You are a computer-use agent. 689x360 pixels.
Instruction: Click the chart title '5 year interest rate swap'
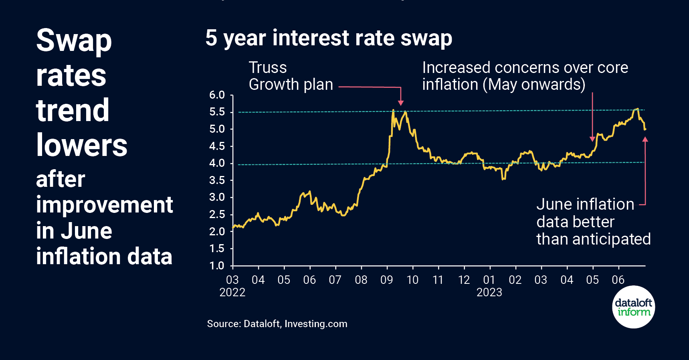pos(329,38)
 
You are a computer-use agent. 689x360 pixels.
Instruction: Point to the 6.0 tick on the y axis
pos(217,95)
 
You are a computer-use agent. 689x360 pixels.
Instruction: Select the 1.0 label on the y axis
pos(217,265)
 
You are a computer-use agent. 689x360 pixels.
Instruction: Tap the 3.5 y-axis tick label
pos(217,180)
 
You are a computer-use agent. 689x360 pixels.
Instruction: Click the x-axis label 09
pos(386,280)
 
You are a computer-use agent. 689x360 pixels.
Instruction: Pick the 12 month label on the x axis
pos(464,280)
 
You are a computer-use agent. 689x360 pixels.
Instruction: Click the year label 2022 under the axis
pos(232,292)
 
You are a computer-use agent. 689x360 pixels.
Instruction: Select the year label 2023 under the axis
pos(489,292)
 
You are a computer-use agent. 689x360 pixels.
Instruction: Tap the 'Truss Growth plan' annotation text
pos(291,76)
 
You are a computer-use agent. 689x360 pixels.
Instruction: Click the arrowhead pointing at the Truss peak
pos(401,103)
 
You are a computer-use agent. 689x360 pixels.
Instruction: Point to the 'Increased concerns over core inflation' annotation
pos(525,76)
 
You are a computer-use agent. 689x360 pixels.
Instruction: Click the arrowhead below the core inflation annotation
pos(592,139)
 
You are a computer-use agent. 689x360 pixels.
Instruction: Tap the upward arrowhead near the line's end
pos(645,139)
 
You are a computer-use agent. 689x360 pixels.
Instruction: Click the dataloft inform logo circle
pos(633,307)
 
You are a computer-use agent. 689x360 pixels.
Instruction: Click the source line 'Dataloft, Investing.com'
pos(277,324)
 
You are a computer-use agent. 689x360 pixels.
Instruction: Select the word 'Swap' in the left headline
pos(74,40)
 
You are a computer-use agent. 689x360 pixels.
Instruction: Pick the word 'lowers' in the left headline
pos(82,145)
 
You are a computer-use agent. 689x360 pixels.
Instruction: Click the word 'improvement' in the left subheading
pos(104,205)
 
